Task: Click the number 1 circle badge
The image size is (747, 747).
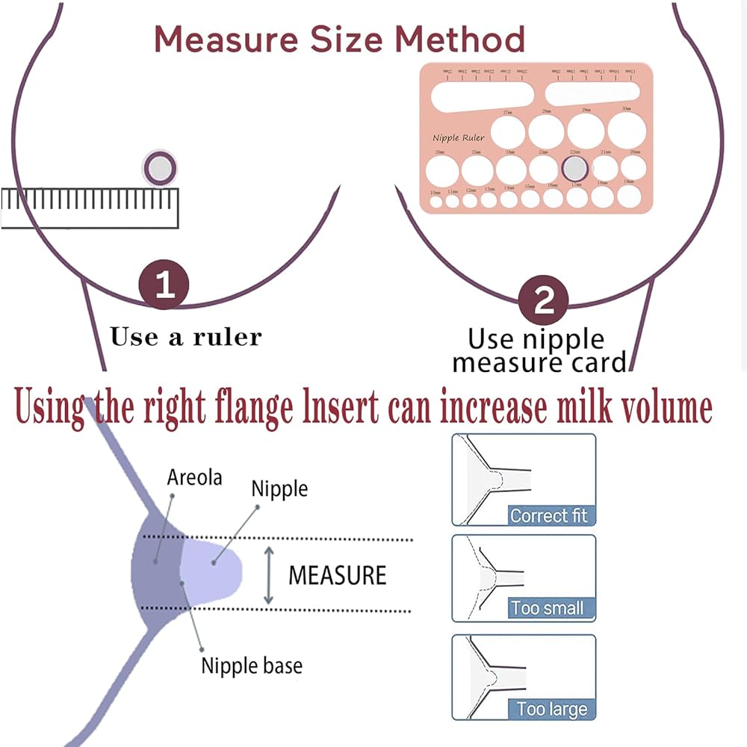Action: pos(164,285)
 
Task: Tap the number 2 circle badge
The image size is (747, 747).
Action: pos(545,302)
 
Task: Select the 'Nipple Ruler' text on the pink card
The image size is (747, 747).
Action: pos(459,137)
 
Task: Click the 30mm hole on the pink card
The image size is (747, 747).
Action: pos(626,130)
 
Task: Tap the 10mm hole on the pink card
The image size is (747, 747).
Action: pos(435,200)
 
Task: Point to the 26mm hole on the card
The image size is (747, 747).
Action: pos(441,169)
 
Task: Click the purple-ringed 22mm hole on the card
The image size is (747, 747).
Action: pos(574,168)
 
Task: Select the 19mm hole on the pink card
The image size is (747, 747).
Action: pos(629,196)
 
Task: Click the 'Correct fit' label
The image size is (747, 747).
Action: pos(548,515)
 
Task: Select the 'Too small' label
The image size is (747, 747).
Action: pos(548,607)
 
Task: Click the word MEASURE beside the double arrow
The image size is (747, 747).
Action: pos(337,575)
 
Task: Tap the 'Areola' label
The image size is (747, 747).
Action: pos(195,477)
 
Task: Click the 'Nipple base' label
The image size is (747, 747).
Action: pos(252,665)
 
